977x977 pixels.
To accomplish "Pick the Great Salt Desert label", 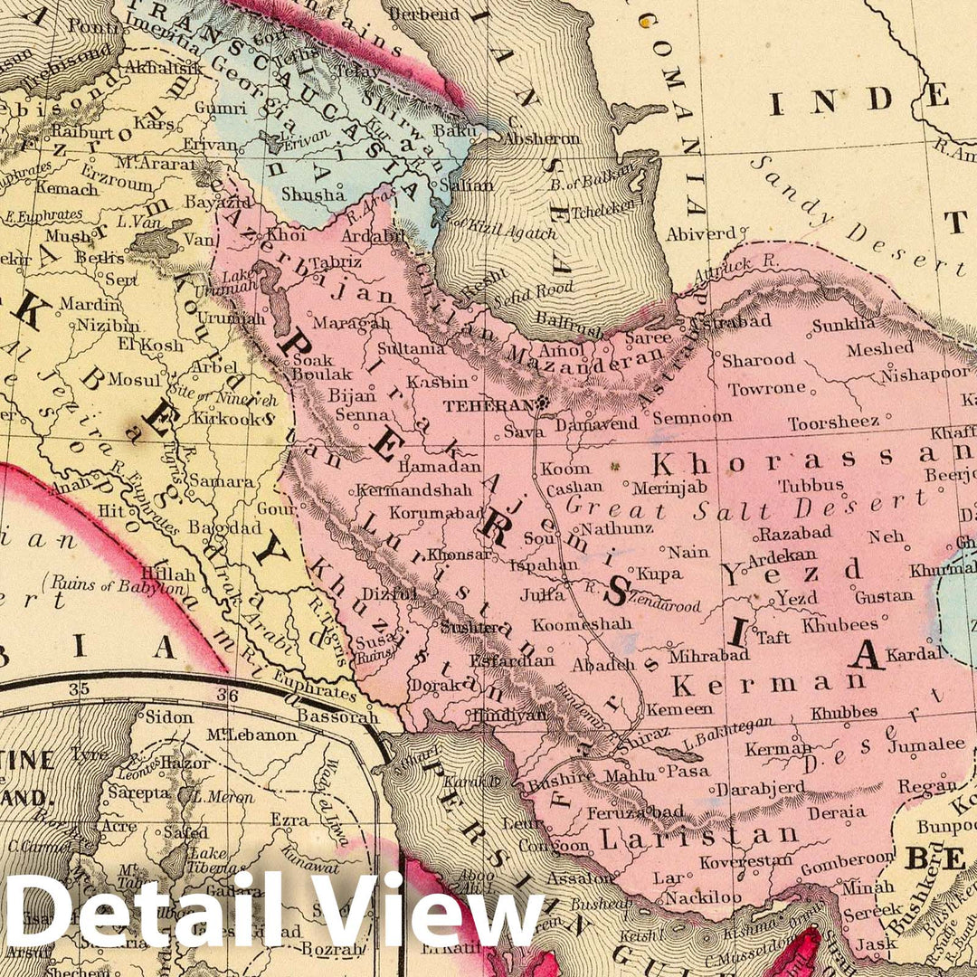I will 746,504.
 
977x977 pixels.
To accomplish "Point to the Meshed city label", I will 880,348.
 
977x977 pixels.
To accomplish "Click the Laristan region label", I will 699,837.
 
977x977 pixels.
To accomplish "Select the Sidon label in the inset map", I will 168,716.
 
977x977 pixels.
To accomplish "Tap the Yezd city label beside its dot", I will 796,598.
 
